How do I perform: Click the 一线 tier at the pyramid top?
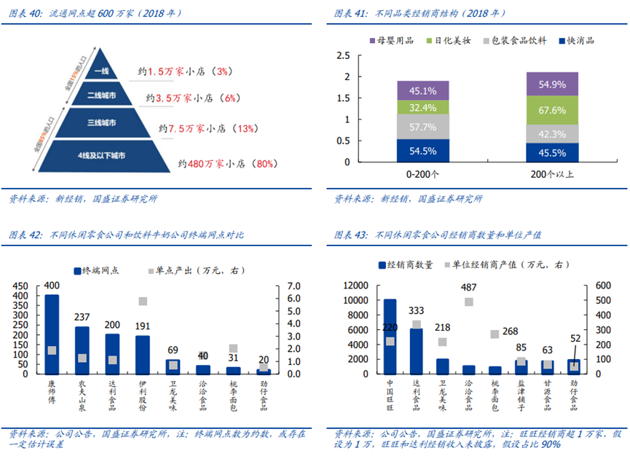click(101, 71)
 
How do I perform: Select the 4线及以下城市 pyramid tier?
click(101, 155)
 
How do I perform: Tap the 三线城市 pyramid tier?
click(101, 123)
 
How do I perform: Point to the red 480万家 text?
click(205, 164)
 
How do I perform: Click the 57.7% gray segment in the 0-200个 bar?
click(422, 127)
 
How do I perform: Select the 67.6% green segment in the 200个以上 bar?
click(552, 110)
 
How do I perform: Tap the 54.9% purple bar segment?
click(552, 84)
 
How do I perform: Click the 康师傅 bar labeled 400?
click(52, 334)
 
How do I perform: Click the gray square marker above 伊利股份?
click(143, 301)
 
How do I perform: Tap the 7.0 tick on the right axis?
click(287, 286)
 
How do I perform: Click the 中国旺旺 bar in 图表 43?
click(390, 337)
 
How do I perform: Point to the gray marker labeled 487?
click(469, 302)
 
